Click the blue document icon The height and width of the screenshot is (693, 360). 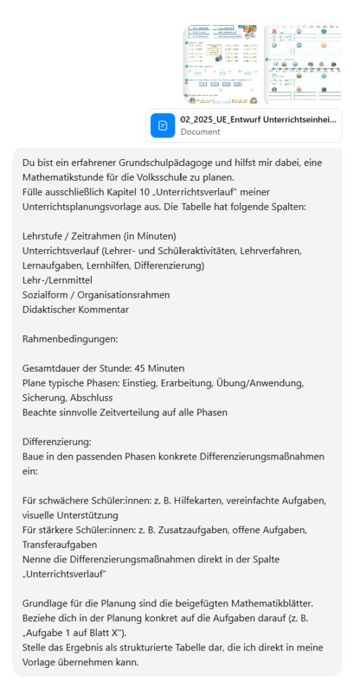pos(162,125)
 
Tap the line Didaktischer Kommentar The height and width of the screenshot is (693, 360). pos(75,309)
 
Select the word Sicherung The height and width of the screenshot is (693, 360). pos(45,398)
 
